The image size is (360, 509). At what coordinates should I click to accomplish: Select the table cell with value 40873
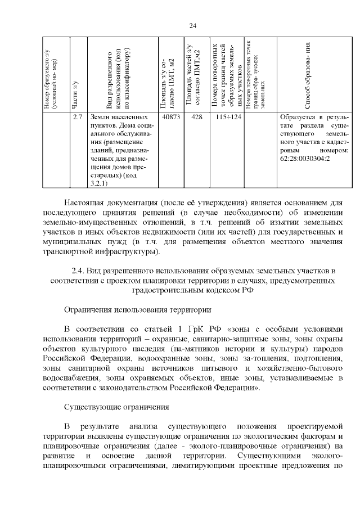point(170,117)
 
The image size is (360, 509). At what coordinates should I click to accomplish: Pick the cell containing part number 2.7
point(78,117)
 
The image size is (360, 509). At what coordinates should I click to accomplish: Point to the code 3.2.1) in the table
point(100,183)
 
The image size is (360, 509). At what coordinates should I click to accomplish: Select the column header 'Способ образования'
point(308,76)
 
